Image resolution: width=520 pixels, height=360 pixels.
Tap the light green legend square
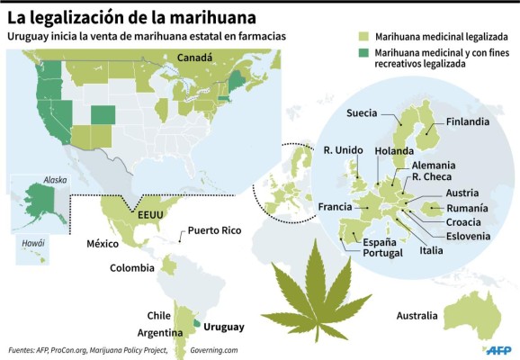pos(363,37)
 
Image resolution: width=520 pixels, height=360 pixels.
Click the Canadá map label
pos(194,57)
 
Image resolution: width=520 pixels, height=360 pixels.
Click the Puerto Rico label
pos(219,230)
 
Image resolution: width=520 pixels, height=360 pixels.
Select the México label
pos(103,244)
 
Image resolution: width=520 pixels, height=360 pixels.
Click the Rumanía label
pos(467,208)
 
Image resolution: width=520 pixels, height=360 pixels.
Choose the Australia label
pos(417,315)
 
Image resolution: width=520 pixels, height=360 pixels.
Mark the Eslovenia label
pos(465,236)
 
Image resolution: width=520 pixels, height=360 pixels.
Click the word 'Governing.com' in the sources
pos(213,350)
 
